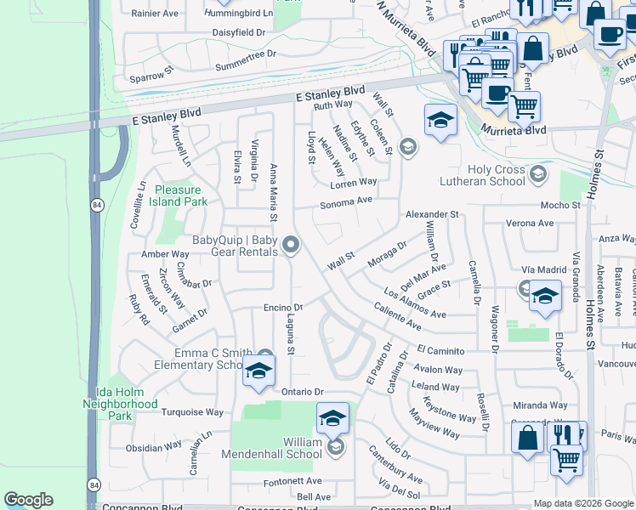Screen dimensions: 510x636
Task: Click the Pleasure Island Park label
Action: tap(179, 195)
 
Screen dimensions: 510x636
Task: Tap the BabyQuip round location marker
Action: tap(291, 246)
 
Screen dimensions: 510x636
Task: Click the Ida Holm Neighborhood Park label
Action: tap(121, 404)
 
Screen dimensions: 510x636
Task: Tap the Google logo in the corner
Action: tap(28, 500)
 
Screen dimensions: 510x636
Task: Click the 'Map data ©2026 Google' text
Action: tap(583, 503)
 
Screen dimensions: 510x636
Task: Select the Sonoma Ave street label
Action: tap(346, 203)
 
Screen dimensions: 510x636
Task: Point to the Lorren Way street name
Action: tap(355, 182)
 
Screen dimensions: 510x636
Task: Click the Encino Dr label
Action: tap(284, 307)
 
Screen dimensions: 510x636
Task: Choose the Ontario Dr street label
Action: tap(304, 391)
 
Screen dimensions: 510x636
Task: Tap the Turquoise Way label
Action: tap(192, 412)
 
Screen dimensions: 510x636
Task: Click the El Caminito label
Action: tap(440, 350)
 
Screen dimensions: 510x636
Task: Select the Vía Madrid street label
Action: tap(543, 269)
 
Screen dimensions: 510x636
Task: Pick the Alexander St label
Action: tap(431, 214)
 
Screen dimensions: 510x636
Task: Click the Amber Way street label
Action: tap(165, 254)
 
